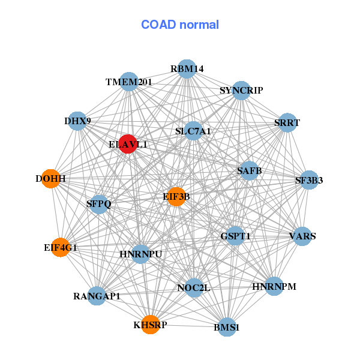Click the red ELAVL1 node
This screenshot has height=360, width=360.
click(128, 144)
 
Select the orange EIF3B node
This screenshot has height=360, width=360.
click(176, 196)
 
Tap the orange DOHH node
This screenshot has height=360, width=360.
click(51, 179)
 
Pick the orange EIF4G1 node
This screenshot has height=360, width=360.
click(61, 247)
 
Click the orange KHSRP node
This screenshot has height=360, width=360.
click(151, 325)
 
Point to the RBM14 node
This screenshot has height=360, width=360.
click(187, 69)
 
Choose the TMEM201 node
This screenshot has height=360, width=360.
click(130, 82)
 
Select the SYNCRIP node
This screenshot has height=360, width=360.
click(241, 91)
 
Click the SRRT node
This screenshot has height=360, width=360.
click(287, 122)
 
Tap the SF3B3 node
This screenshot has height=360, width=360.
click(308, 179)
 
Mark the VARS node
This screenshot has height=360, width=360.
click(302, 235)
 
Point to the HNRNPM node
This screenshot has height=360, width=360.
click(274, 286)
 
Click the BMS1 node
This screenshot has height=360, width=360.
click(227, 327)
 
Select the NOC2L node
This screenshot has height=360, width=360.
click(194, 287)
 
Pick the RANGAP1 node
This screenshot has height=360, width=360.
click(97, 295)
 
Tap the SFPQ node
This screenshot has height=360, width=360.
click(100, 204)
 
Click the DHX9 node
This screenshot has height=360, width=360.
click(77, 121)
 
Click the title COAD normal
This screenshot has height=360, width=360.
click(180, 25)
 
